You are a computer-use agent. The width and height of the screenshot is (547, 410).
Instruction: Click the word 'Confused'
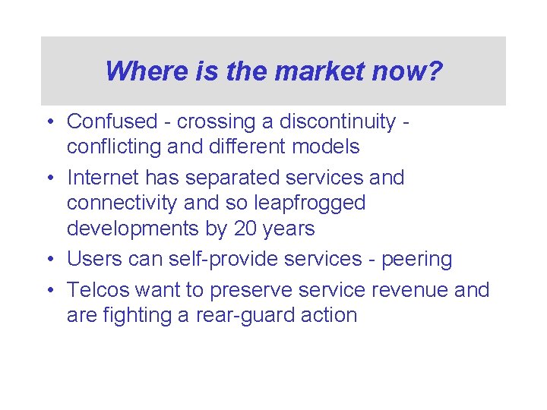point(109,121)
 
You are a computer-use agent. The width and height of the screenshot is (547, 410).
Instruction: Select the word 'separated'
point(227,178)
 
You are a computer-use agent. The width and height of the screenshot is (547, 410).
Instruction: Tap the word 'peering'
point(416,259)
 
